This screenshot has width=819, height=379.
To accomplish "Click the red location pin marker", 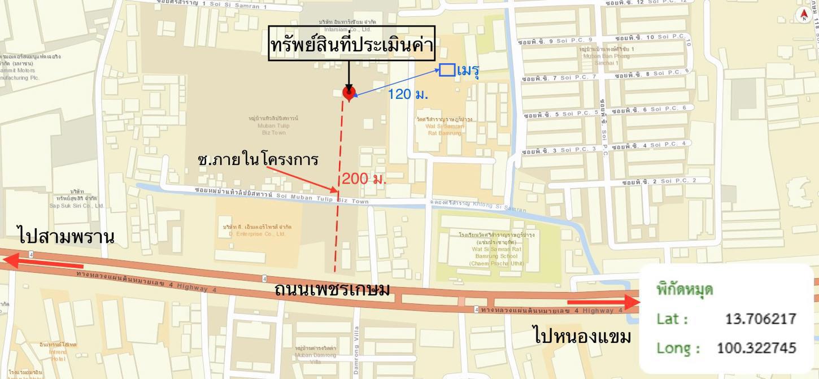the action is (x=348, y=93).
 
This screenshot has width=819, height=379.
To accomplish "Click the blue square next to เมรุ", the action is (x=447, y=70).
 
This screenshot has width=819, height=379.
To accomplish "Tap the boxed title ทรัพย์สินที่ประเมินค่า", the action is (x=351, y=43).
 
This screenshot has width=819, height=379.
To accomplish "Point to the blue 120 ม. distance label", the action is (x=407, y=94).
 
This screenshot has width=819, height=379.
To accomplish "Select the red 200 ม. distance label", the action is (x=364, y=178).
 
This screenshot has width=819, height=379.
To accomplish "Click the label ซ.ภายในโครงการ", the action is (x=258, y=159).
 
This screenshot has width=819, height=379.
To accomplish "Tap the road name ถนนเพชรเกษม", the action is (x=332, y=289).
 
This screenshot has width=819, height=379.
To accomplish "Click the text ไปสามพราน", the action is (x=66, y=236).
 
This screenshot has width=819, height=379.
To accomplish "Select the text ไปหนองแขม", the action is (x=582, y=336).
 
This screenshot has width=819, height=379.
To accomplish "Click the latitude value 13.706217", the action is (x=760, y=319).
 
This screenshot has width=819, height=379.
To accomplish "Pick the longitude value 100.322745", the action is (x=756, y=348).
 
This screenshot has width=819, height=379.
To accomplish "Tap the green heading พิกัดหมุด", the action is (x=685, y=290).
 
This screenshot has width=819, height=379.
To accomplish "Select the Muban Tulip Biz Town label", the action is (x=274, y=125).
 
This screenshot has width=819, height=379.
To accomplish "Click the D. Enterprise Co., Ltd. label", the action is (x=258, y=230).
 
